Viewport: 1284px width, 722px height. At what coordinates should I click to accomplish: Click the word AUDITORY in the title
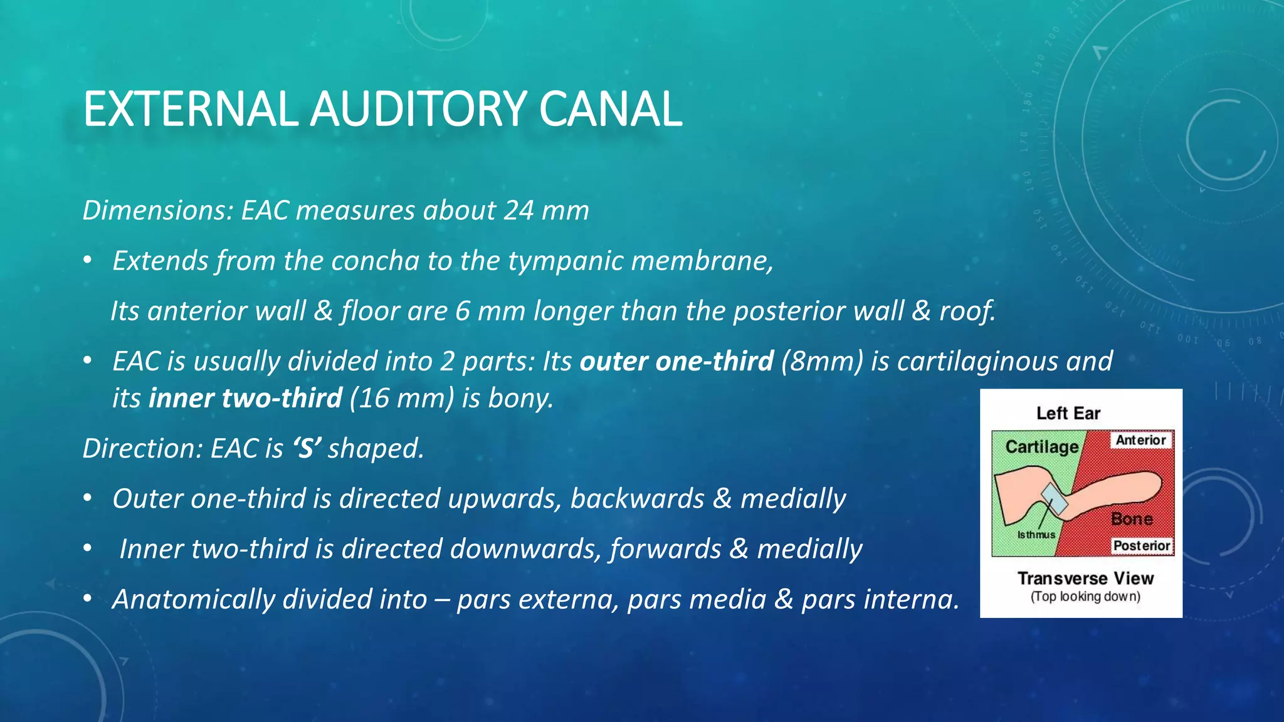(419, 109)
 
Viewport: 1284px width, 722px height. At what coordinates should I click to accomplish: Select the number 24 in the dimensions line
(518, 211)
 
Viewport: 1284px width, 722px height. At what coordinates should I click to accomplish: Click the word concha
(374, 261)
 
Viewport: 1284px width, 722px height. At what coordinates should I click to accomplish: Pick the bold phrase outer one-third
(677, 361)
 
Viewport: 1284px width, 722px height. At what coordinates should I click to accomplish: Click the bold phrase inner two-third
(246, 399)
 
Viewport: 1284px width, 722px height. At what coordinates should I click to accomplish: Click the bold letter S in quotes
(306, 449)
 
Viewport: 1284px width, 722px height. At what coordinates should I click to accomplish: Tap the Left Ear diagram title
(1068, 414)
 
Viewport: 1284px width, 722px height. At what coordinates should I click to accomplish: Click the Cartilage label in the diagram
(1041, 447)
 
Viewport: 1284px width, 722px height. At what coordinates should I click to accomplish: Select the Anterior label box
(1140, 440)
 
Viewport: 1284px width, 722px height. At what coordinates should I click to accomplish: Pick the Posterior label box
(1141, 546)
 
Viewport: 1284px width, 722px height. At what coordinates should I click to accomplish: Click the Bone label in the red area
(1132, 519)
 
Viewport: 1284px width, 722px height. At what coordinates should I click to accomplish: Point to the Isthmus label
(1036, 535)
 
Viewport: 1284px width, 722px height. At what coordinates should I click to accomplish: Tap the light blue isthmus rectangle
(1055, 500)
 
